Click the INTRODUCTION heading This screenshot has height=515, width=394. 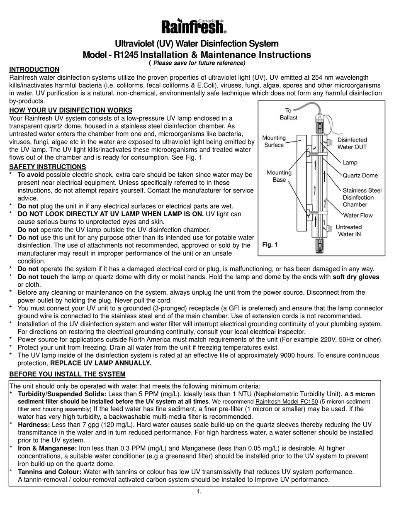(x=34, y=70)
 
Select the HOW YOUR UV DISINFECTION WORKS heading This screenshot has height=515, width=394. (x=71, y=110)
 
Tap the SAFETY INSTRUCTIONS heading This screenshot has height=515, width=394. (x=47, y=167)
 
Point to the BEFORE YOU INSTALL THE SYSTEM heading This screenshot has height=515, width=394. (x=67, y=374)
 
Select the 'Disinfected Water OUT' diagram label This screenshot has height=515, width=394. (x=352, y=144)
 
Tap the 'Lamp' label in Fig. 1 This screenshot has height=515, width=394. (x=350, y=163)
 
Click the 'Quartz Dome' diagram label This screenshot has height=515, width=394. (x=360, y=176)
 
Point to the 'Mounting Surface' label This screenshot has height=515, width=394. (x=274, y=141)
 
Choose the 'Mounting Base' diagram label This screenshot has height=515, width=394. (x=279, y=176)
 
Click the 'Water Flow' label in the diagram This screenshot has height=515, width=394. (x=358, y=215)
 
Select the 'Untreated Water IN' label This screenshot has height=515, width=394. (x=348, y=230)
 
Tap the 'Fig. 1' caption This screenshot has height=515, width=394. (x=270, y=245)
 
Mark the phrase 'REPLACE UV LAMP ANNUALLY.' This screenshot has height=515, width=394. (x=101, y=363)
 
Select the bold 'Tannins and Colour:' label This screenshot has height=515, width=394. (x=49, y=472)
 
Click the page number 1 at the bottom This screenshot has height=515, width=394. (x=199, y=492)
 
